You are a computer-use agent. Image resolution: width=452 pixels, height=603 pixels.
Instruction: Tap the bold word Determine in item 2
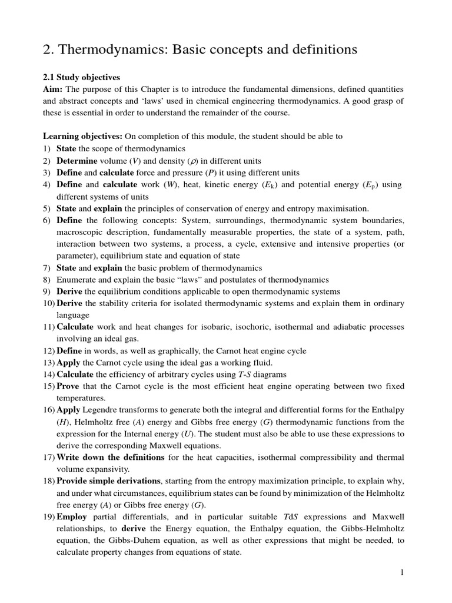[77, 160]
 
